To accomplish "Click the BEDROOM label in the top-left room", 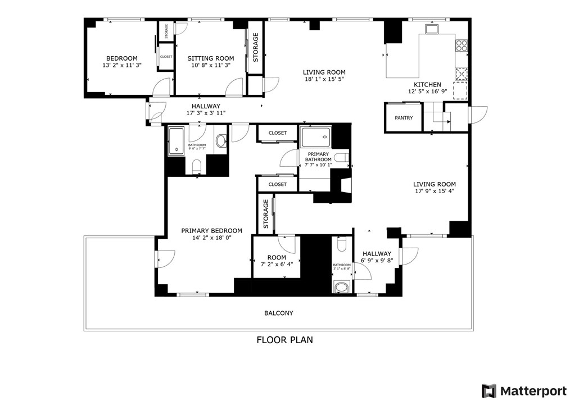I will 122,58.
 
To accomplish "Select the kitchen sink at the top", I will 432,29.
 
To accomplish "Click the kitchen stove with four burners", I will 462,45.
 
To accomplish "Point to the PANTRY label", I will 404,118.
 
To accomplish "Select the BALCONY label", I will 279,313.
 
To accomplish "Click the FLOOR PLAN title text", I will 284,340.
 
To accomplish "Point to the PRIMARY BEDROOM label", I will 211,231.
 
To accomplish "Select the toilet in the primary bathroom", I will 340,158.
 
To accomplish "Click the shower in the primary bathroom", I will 316,137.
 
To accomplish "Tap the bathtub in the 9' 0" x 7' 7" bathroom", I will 177,141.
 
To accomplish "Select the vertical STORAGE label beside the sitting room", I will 256,47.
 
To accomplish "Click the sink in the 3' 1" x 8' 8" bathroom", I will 341,288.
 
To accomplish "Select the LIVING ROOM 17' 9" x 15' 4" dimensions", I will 434,191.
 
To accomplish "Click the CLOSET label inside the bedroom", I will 166,57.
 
